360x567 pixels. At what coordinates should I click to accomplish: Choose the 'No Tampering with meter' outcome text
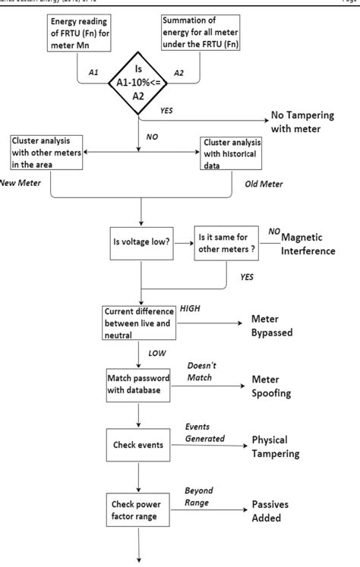[x=305, y=124]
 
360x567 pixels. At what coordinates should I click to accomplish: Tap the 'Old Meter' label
[x=263, y=184]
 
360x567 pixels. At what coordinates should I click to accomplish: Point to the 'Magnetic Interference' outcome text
[x=307, y=245]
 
